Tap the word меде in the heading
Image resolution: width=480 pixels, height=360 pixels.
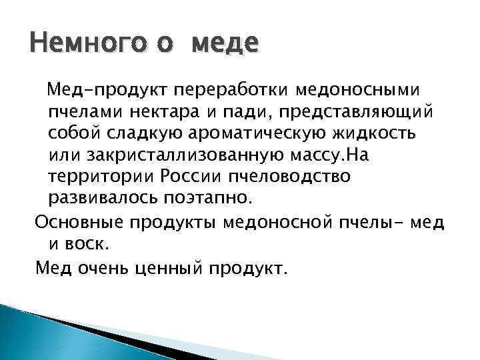click(224, 45)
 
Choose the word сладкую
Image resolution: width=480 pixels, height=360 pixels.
click(151, 133)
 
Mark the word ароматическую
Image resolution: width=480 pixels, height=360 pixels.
click(262, 133)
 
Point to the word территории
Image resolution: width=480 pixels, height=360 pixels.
click(99, 177)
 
